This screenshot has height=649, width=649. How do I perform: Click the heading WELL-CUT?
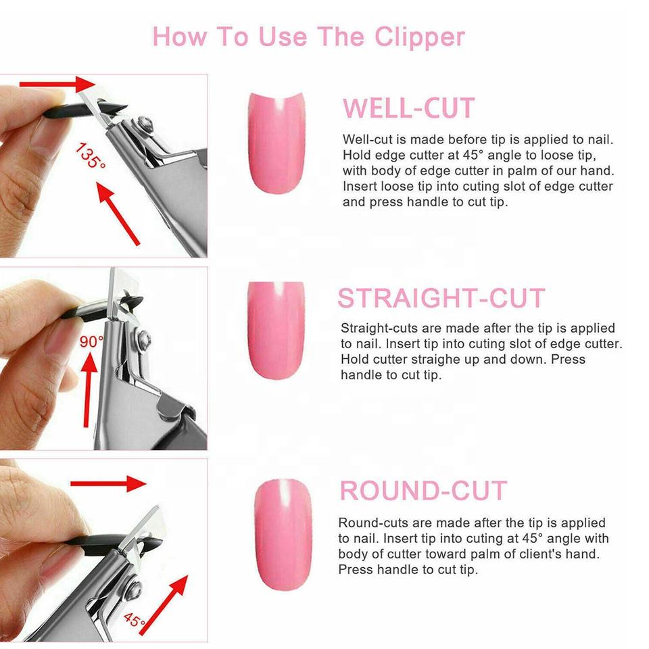pyautogui.click(x=408, y=108)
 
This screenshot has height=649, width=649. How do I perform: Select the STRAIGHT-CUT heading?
pyautogui.click(x=441, y=298)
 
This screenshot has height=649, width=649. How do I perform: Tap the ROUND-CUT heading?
pyautogui.click(x=423, y=491)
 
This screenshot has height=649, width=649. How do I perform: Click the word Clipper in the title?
pyautogui.click(x=420, y=38)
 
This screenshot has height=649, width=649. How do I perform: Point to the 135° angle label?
pyautogui.click(x=90, y=155)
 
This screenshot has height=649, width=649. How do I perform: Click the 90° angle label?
pyautogui.click(x=91, y=342)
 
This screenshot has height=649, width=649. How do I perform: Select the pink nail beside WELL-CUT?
pyautogui.click(x=277, y=143)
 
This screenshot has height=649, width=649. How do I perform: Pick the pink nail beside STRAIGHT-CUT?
pyautogui.click(x=276, y=331)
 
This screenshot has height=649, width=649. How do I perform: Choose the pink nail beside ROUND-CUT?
pyautogui.click(x=283, y=534)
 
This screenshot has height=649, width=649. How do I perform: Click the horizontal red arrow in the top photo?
pyautogui.click(x=57, y=85)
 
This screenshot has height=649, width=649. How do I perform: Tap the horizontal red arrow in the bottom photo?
pyautogui.click(x=108, y=483)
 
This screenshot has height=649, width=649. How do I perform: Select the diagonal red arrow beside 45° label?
pyautogui.click(x=164, y=605)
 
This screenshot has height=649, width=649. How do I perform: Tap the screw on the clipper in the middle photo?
pyautogui.click(x=144, y=339)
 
